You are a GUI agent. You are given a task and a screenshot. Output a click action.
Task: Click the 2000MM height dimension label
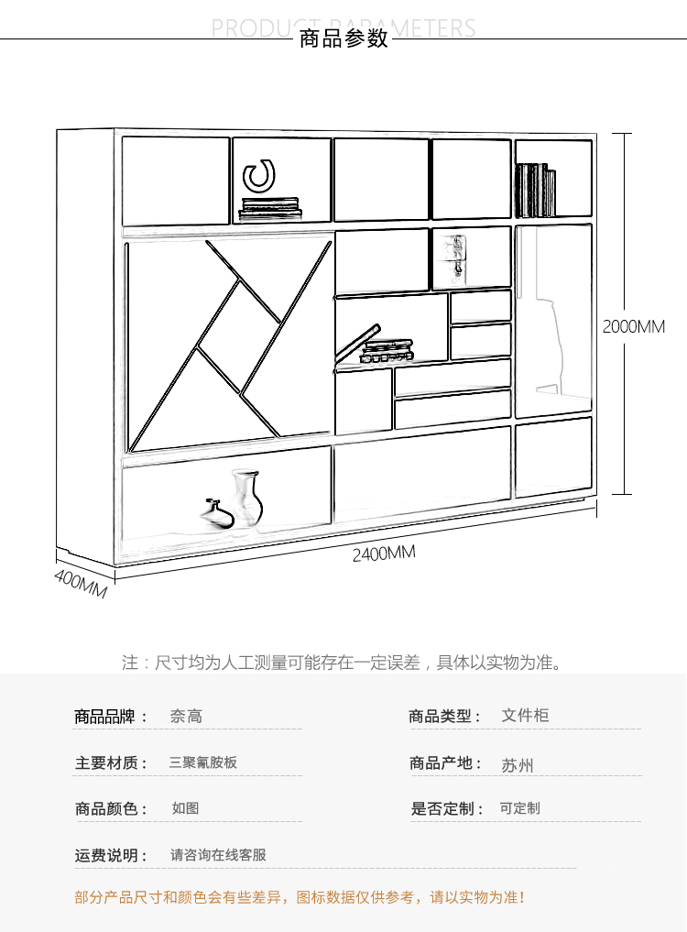pos(633,326)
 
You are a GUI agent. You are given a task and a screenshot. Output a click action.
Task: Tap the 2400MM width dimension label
pos(384,554)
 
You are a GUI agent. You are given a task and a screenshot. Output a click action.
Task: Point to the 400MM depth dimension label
pos(81,584)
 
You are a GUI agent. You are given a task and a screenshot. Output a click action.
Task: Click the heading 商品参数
pos(343,38)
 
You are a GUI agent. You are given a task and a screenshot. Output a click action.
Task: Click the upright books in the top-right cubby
pos(535,190)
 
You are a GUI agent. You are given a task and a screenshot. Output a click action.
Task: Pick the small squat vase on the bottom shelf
pos(217,513)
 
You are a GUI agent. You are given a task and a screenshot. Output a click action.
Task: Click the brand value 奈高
pos(186,716)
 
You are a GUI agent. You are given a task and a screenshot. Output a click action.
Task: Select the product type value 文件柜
pos(525,715)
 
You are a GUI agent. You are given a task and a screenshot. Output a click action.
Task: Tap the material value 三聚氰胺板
pos(203,762)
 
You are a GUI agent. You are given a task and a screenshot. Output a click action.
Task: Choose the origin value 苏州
pos(518,765)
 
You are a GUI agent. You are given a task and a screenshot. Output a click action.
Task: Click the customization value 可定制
pos(519,808)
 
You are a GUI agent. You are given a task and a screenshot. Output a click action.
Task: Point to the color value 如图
pos(185,808)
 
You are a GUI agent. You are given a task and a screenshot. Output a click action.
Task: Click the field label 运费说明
pos(111,855)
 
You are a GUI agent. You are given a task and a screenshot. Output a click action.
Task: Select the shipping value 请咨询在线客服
pos(218,855)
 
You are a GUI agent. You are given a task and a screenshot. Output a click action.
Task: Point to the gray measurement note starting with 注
pos(342,662)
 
